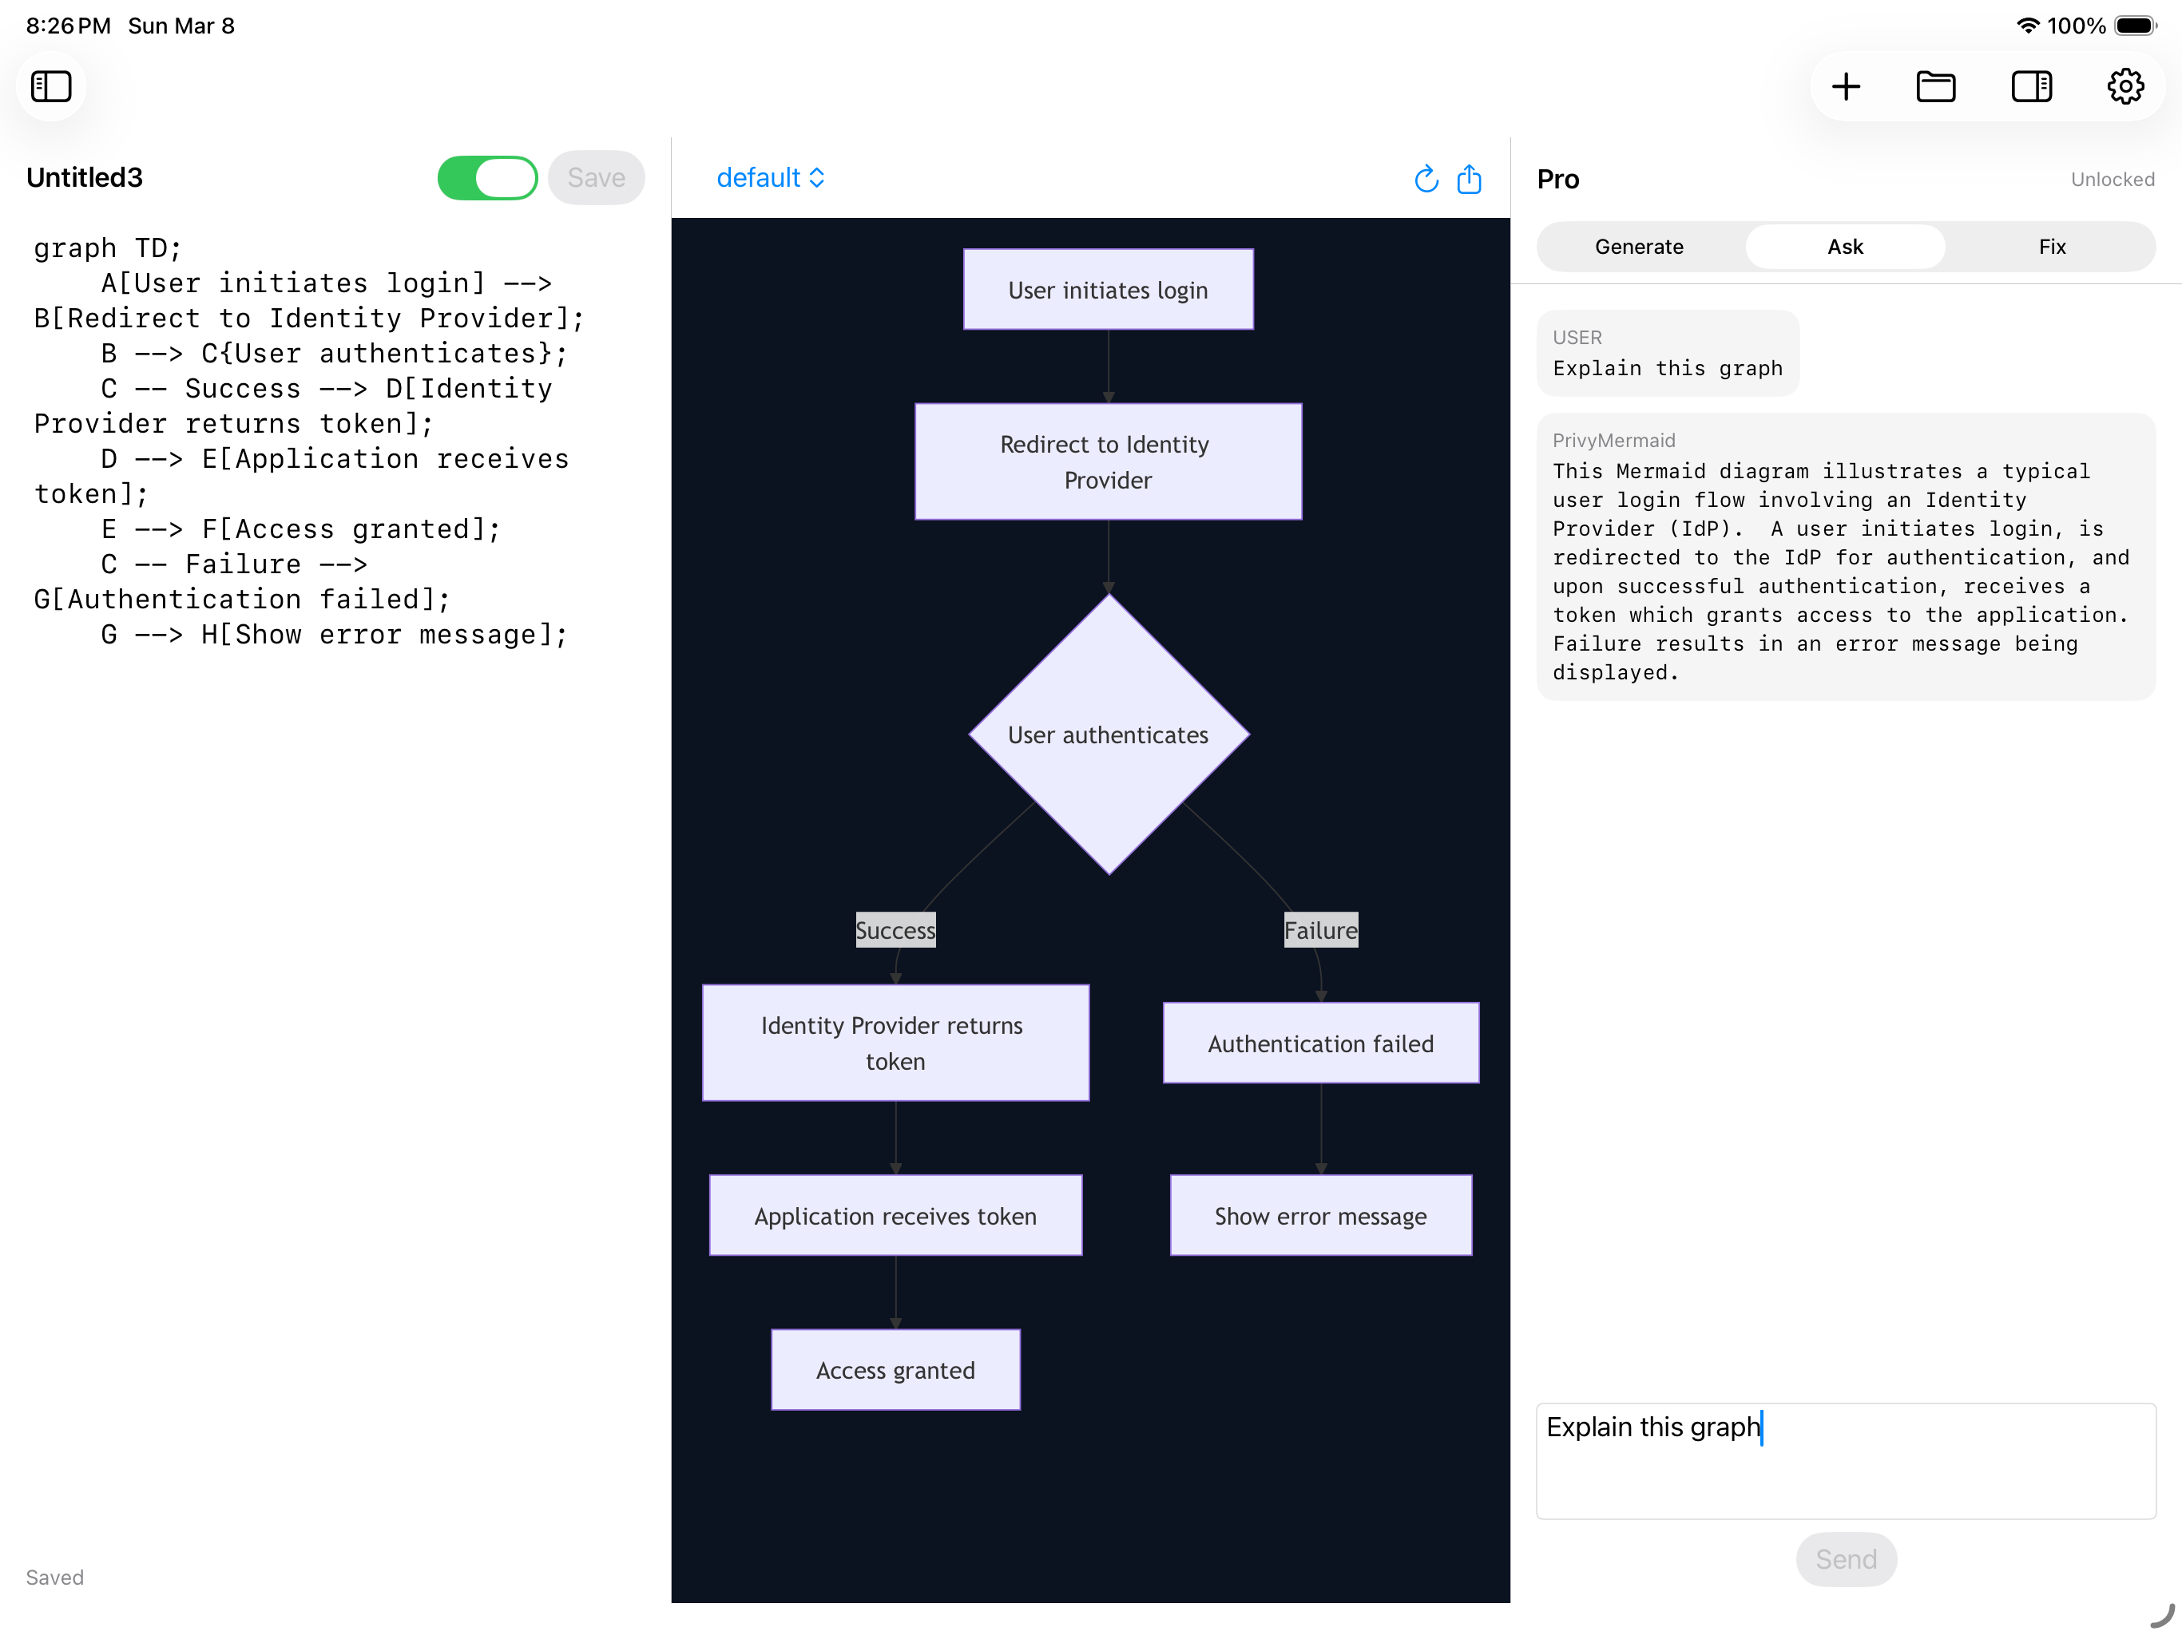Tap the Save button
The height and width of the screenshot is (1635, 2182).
596,177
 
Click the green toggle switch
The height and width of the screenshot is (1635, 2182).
487,177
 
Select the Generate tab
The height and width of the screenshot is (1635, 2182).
1638,247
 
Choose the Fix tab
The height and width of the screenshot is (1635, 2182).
2052,247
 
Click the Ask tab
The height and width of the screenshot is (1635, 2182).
1845,247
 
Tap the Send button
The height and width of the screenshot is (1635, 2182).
1846,1559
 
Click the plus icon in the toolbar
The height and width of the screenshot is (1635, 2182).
1846,87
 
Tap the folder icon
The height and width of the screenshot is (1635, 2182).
1935,87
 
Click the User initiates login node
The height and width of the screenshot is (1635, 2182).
1108,290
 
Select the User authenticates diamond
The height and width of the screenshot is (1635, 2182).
1109,734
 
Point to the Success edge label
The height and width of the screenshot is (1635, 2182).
895,930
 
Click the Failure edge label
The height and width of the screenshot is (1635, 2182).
1320,930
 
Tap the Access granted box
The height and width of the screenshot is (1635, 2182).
895,1370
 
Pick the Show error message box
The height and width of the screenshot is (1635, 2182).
1320,1216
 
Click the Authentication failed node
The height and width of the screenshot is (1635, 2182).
1320,1043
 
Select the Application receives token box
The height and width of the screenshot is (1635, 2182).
895,1216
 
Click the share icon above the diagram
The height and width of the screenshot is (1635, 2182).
1469,179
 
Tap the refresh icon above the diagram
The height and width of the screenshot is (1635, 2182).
1426,179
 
